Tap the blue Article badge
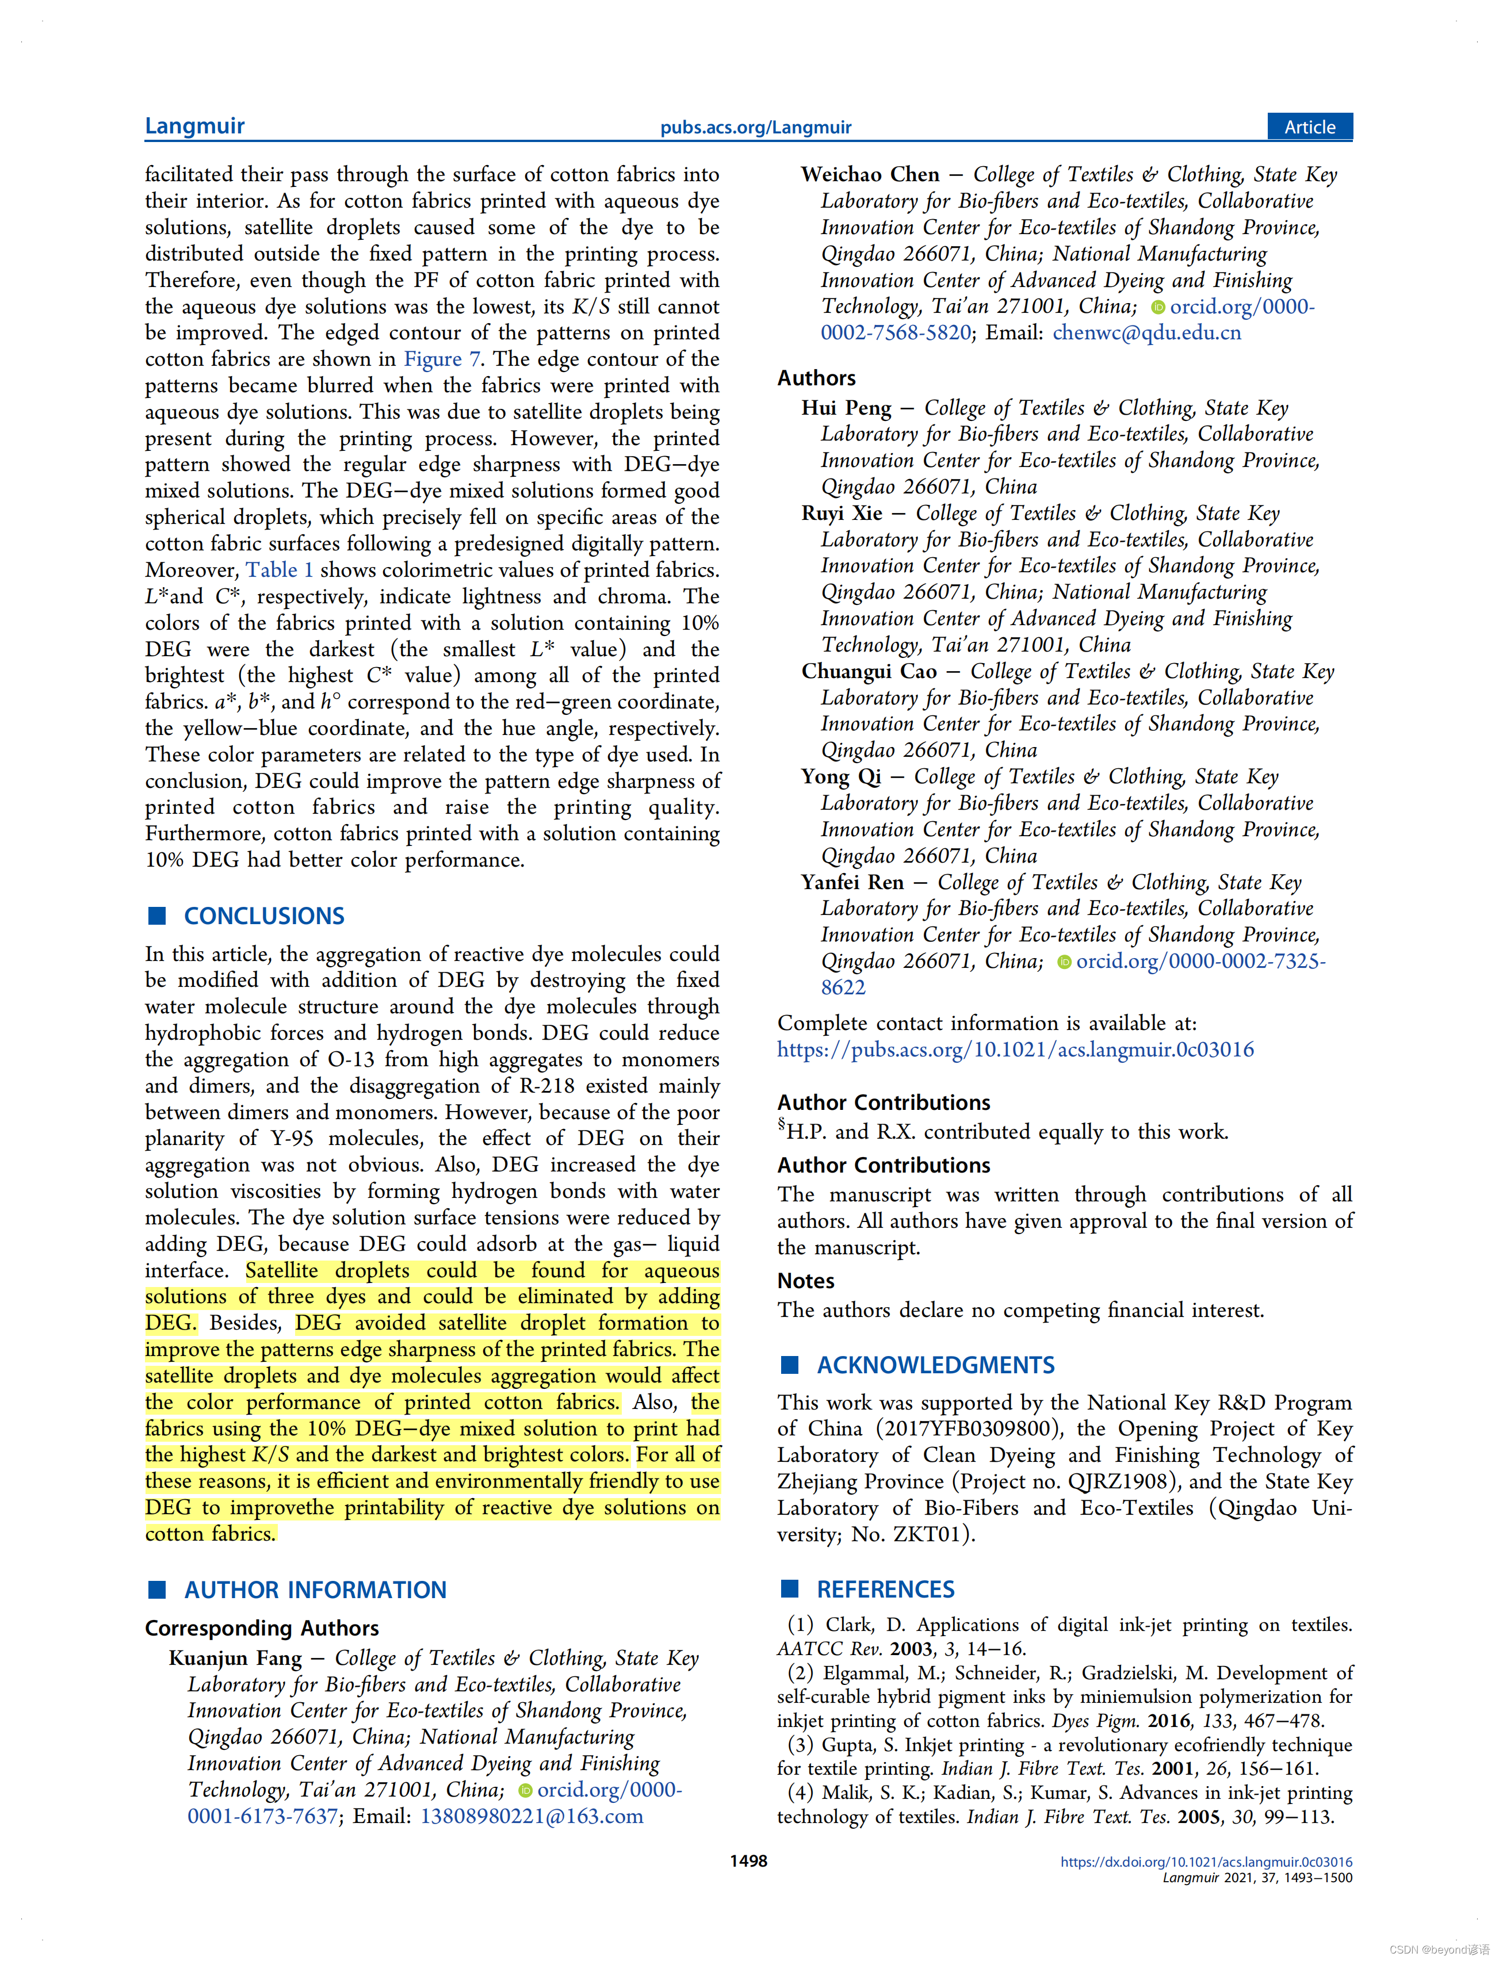point(1309,127)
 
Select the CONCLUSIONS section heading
point(264,916)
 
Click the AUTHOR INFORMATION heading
point(315,1590)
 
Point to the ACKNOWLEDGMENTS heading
point(935,1365)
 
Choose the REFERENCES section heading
point(885,1589)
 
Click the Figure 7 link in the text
point(442,359)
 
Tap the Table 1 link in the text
point(280,570)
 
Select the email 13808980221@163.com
point(532,1817)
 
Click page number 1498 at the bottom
point(748,1861)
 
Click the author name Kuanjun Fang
point(236,1658)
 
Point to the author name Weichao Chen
point(870,174)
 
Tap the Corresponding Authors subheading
point(261,1628)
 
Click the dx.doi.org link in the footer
point(1206,1862)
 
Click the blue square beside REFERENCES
point(790,1589)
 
